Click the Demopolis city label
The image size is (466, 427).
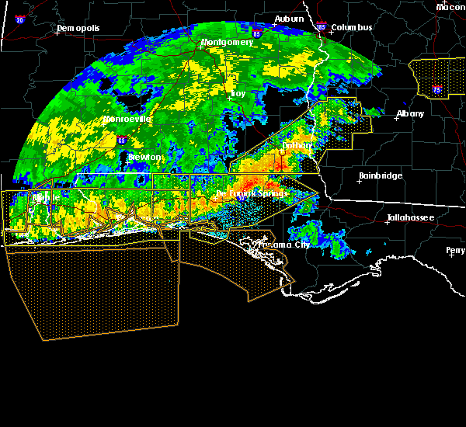[x=79, y=29]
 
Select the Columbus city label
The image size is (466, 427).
[x=351, y=28]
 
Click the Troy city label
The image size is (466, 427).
[x=238, y=94]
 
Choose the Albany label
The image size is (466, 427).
[x=410, y=113]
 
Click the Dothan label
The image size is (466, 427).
[x=297, y=145]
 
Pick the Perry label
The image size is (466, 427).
[x=455, y=250]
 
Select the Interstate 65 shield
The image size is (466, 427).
[x=122, y=141]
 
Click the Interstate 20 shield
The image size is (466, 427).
[x=19, y=19]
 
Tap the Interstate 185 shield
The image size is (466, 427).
[x=322, y=27]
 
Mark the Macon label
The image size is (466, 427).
[x=450, y=7]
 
